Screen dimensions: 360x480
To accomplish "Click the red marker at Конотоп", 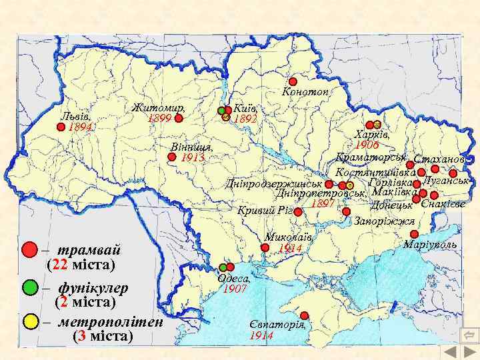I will (293, 81).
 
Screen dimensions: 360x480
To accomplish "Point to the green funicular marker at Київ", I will (221, 111).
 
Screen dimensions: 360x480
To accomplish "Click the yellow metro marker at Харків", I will (377, 125).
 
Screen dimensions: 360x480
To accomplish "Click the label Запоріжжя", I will (385, 221).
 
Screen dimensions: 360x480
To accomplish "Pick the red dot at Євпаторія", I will (305, 315).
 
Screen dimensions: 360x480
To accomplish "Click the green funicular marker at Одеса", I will (223, 267).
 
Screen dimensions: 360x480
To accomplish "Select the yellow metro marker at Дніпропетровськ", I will (350, 185).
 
